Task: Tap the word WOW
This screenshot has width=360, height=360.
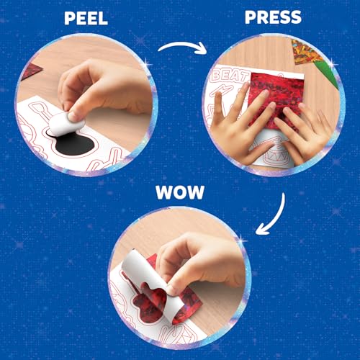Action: coord(180,194)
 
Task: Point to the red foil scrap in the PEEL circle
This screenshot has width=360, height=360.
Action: coord(32,73)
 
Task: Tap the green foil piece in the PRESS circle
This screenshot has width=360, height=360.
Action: coord(328,72)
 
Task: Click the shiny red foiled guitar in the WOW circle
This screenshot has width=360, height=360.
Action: coord(158,302)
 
